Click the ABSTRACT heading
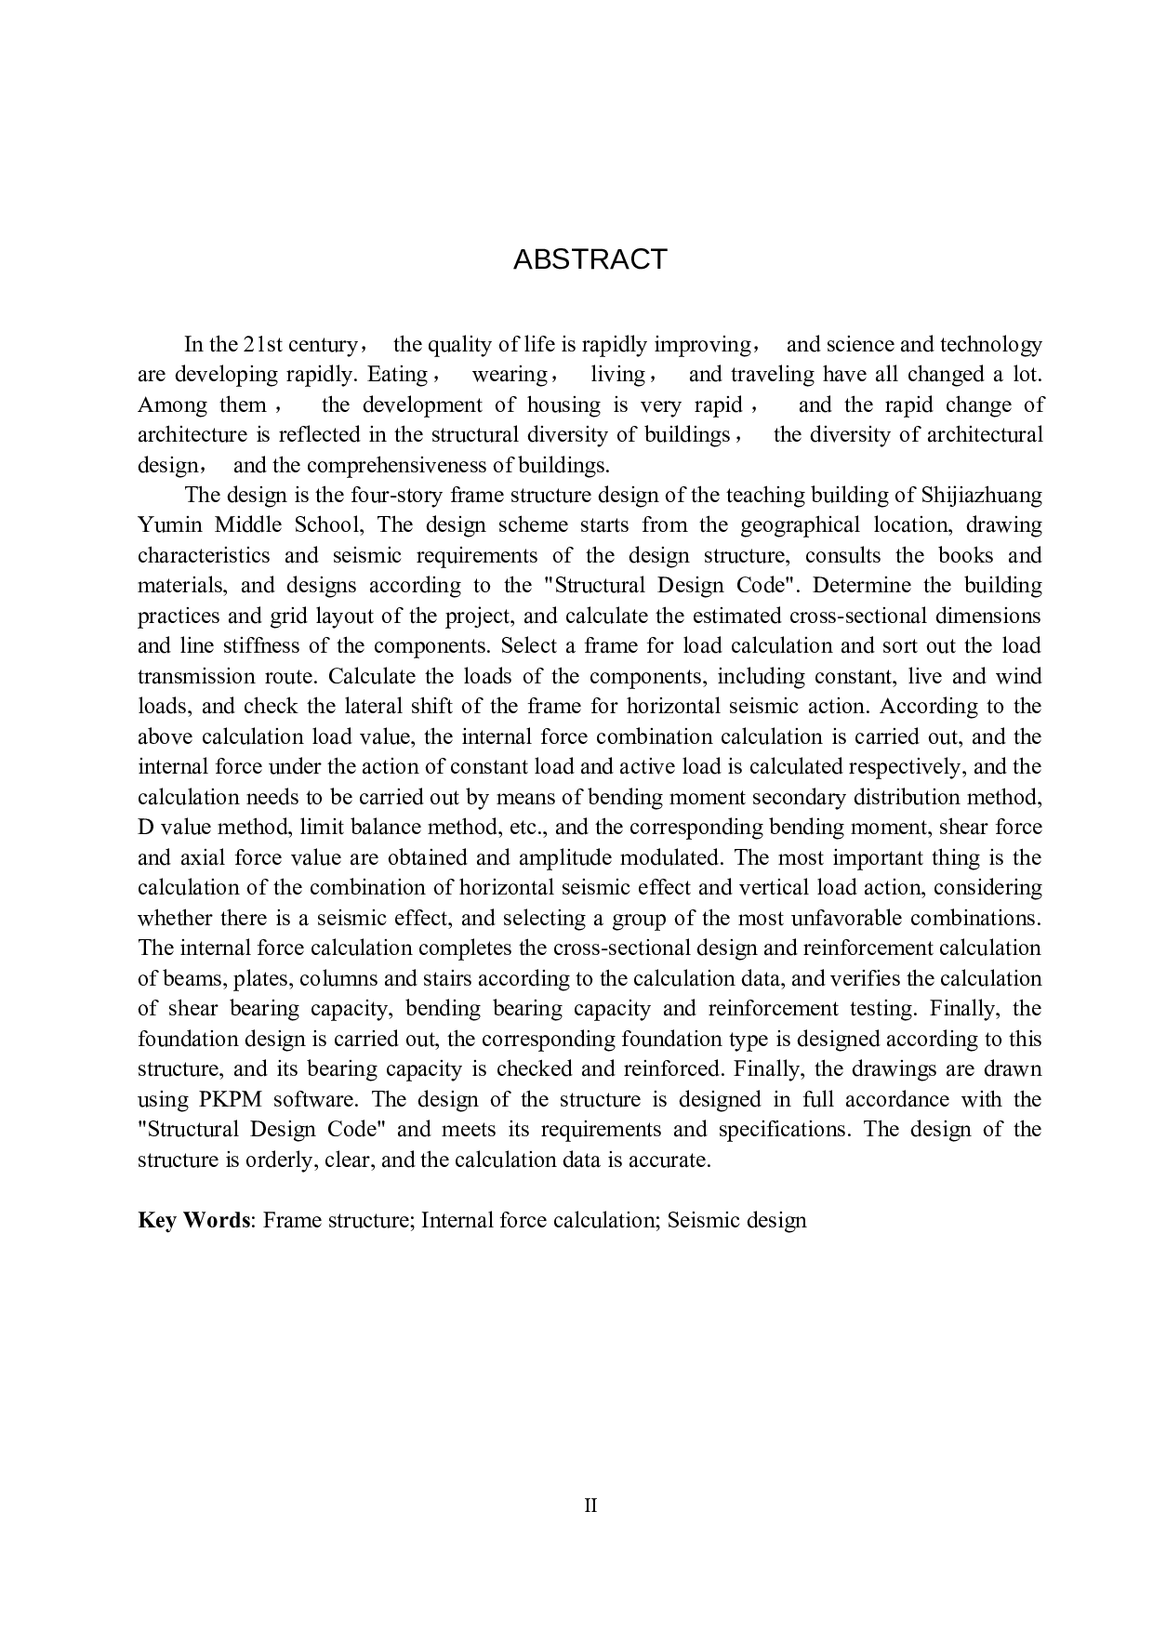pos(590,259)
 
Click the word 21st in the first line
pos(263,345)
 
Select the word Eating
pos(397,375)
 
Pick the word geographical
pos(801,525)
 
